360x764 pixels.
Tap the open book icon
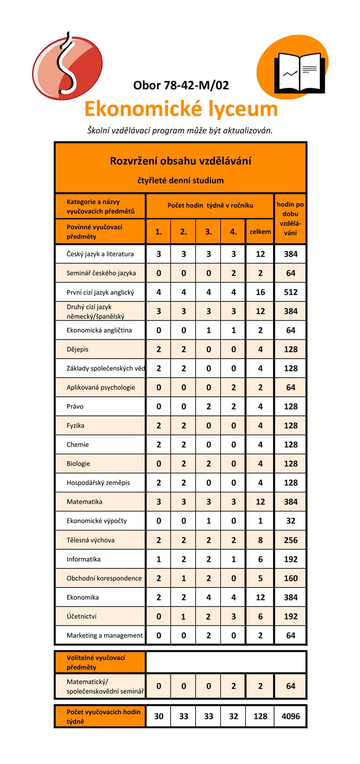pos(299,73)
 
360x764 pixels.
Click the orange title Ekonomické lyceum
pos(181,109)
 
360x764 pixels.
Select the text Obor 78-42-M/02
pos(181,85)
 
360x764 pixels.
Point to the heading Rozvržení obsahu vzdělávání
pos(180,161)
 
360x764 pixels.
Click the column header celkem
pos(260,232)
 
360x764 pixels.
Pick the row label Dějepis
pos(78,349)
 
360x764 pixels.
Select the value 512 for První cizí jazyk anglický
pos(290,292)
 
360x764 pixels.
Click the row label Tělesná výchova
pos(91,540)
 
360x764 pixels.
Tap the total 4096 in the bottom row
pos(290,716)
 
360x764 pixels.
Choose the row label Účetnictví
pos(82,616)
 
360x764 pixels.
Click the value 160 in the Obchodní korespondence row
pos(290,578)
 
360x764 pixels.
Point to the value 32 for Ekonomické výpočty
pos(290,521)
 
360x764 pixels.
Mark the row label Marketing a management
pos(105,635)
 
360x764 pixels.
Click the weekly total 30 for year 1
pos(159,716)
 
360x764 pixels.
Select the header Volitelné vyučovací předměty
pos(96,662)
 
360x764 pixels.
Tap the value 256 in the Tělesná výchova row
pos(290,540)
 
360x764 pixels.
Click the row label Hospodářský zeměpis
pos(98,483)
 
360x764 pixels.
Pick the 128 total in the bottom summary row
pos(260,716)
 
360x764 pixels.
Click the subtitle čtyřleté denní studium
pos(180,181)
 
